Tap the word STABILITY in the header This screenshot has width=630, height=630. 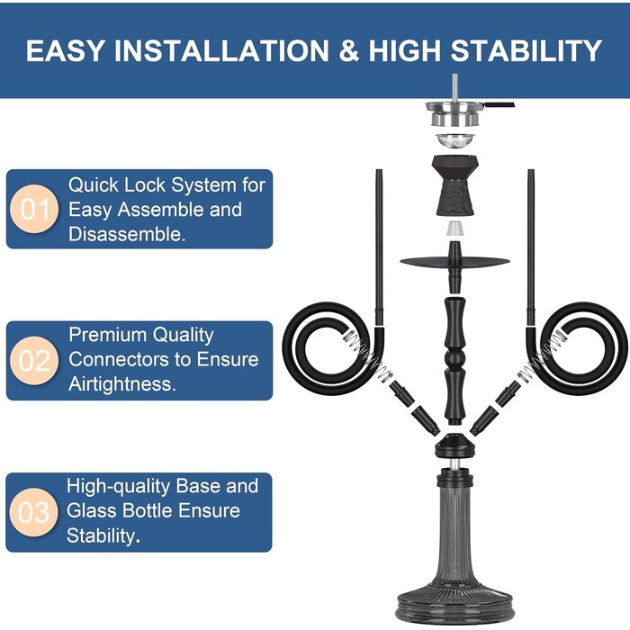click(526, 50)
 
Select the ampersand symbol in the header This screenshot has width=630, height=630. click(349, 50)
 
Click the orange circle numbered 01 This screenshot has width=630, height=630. click(34, 209)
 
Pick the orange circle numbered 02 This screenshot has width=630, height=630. click(34, 360)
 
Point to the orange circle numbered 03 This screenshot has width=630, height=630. click(34, 512)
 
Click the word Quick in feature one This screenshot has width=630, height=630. click(93, 185)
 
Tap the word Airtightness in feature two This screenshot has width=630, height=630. click(122, 384)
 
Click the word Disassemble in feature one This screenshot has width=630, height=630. click(127, 234)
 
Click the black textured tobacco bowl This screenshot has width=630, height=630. click(455, 185)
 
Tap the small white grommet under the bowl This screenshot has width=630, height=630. click(454, 229)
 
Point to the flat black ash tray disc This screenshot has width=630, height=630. click(454, 262)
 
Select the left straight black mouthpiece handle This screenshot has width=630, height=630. click(379, 247)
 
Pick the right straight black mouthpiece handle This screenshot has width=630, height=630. click(531, 247)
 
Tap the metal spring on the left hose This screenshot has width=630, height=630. click(368, 356)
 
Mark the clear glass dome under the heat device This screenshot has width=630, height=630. click(455, 140)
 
